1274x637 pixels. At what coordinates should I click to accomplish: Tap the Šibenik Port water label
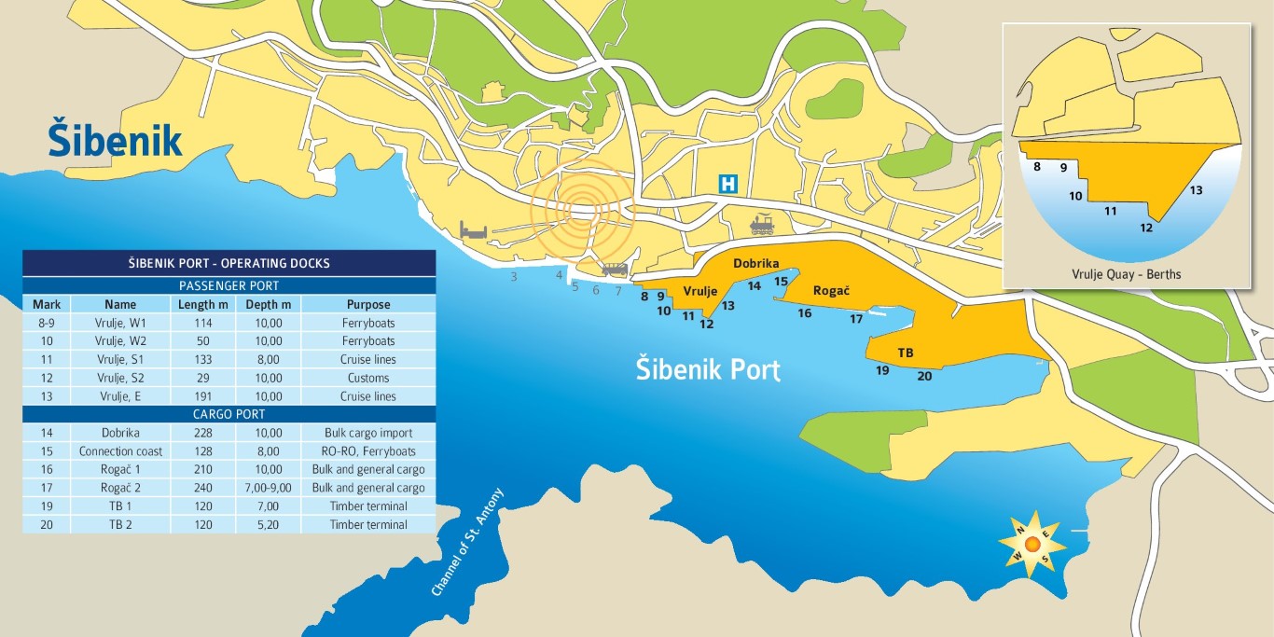[707, 367]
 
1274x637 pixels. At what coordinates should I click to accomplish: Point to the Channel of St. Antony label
[467, 543]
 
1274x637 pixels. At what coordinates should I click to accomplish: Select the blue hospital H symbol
[727, 184]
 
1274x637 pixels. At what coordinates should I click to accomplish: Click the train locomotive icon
[762, 225]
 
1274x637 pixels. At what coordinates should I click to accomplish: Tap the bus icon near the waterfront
[615, 270]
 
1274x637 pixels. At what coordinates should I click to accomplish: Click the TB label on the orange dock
[905, 353]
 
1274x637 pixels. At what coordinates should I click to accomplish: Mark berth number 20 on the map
[924, 376]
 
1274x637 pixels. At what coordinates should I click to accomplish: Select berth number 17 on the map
[856, 319]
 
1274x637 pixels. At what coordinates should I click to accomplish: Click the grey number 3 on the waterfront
[513, 277]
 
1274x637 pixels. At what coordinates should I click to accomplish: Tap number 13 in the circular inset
[1196, 190]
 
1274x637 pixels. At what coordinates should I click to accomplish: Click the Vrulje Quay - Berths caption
[1127, 274]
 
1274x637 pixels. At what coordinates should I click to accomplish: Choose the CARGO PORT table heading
[228, 414]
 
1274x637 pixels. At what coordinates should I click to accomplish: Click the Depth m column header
[268, 304]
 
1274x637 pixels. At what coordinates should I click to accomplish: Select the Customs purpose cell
[368, 378]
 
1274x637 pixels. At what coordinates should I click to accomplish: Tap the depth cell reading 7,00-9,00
[268, 488]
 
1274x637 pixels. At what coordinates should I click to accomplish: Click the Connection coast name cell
[120, 451]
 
